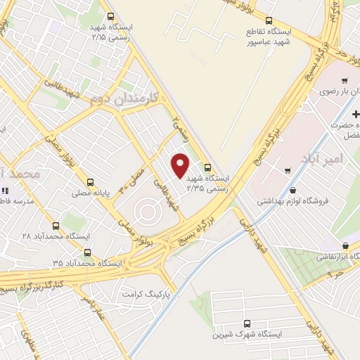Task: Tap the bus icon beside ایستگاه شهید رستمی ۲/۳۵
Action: pos(207,167)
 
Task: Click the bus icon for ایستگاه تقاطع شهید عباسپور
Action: pos(269,20)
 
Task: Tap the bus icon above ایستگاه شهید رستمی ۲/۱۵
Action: pos(110,17)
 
